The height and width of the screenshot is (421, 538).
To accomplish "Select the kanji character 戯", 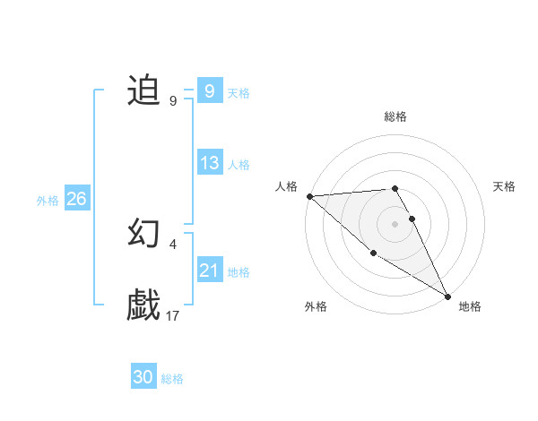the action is pyautogui.click(x=143, y=305).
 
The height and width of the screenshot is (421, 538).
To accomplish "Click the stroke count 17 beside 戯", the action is pyautogui.click(x=173, y=315).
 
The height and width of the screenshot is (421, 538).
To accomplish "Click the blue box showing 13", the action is pyautogui.click(x=210, y=163).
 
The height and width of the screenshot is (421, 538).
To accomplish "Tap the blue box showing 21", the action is pyautogui.click(x=210, y=271).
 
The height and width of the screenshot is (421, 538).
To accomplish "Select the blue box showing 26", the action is pyautogui.click(x=76, y=199).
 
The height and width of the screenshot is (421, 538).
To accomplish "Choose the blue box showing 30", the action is pyautogui.click(x=143, y=377).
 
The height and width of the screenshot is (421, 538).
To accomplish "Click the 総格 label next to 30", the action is pyautogui.click(x=172, y=379).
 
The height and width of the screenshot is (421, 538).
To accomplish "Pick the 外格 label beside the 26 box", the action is pyautogui.click(x=48, y=201).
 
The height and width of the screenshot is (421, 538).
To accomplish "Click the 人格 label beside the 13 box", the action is pyautogui.click(x=239, y=165).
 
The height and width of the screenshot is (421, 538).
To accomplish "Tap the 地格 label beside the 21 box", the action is pyautogui.click(x=239, y=272).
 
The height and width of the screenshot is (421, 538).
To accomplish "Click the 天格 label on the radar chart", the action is pyautogui.click(x=505, y=186).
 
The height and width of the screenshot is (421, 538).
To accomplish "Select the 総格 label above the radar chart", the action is pyautogui.click(x=395, y=116).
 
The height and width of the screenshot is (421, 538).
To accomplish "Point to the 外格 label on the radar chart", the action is pyautogui.click(x=316, y=306).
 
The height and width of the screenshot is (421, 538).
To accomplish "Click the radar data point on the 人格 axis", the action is pyautogui.click(x=309, y=196).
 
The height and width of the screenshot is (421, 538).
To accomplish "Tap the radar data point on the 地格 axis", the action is pyautogui.click(x=447, y=296).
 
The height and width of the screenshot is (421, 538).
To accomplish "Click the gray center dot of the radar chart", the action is pyautogui.click(x=395, y=223).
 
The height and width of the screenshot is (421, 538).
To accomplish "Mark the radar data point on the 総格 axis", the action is pyautogui.click(x=395, y=188).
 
